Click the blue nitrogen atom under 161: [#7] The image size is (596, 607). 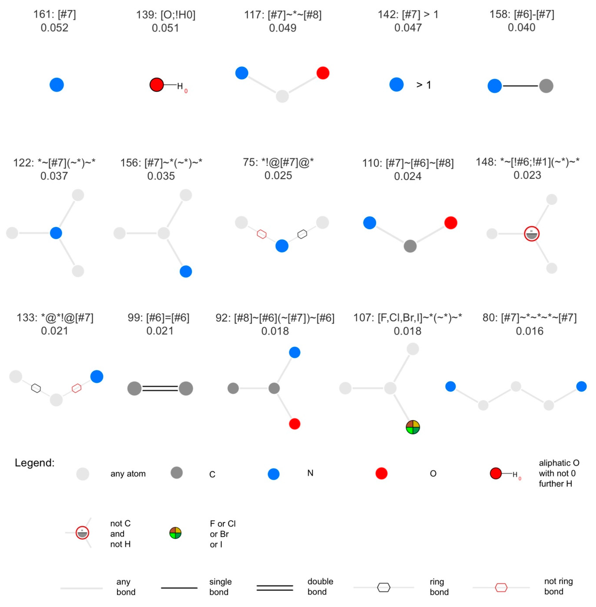(57, 85)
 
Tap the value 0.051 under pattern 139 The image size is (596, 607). (165, 28)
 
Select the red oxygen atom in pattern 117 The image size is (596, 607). (323, 73)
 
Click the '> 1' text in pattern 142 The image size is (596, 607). (423, 85)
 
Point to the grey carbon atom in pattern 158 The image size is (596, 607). (546, 86)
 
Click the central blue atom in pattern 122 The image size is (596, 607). (56, 233)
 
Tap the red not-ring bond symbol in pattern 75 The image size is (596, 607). (262, 234)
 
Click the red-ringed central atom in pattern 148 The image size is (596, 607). (531, 234)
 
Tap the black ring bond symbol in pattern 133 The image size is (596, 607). (36, 388)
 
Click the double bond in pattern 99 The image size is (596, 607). (160, 388)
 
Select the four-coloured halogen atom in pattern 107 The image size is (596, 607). (413, 427)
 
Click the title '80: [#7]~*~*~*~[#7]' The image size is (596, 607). (529, 318)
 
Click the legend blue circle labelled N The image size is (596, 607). (273, 474)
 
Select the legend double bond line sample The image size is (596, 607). (275, 588)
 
